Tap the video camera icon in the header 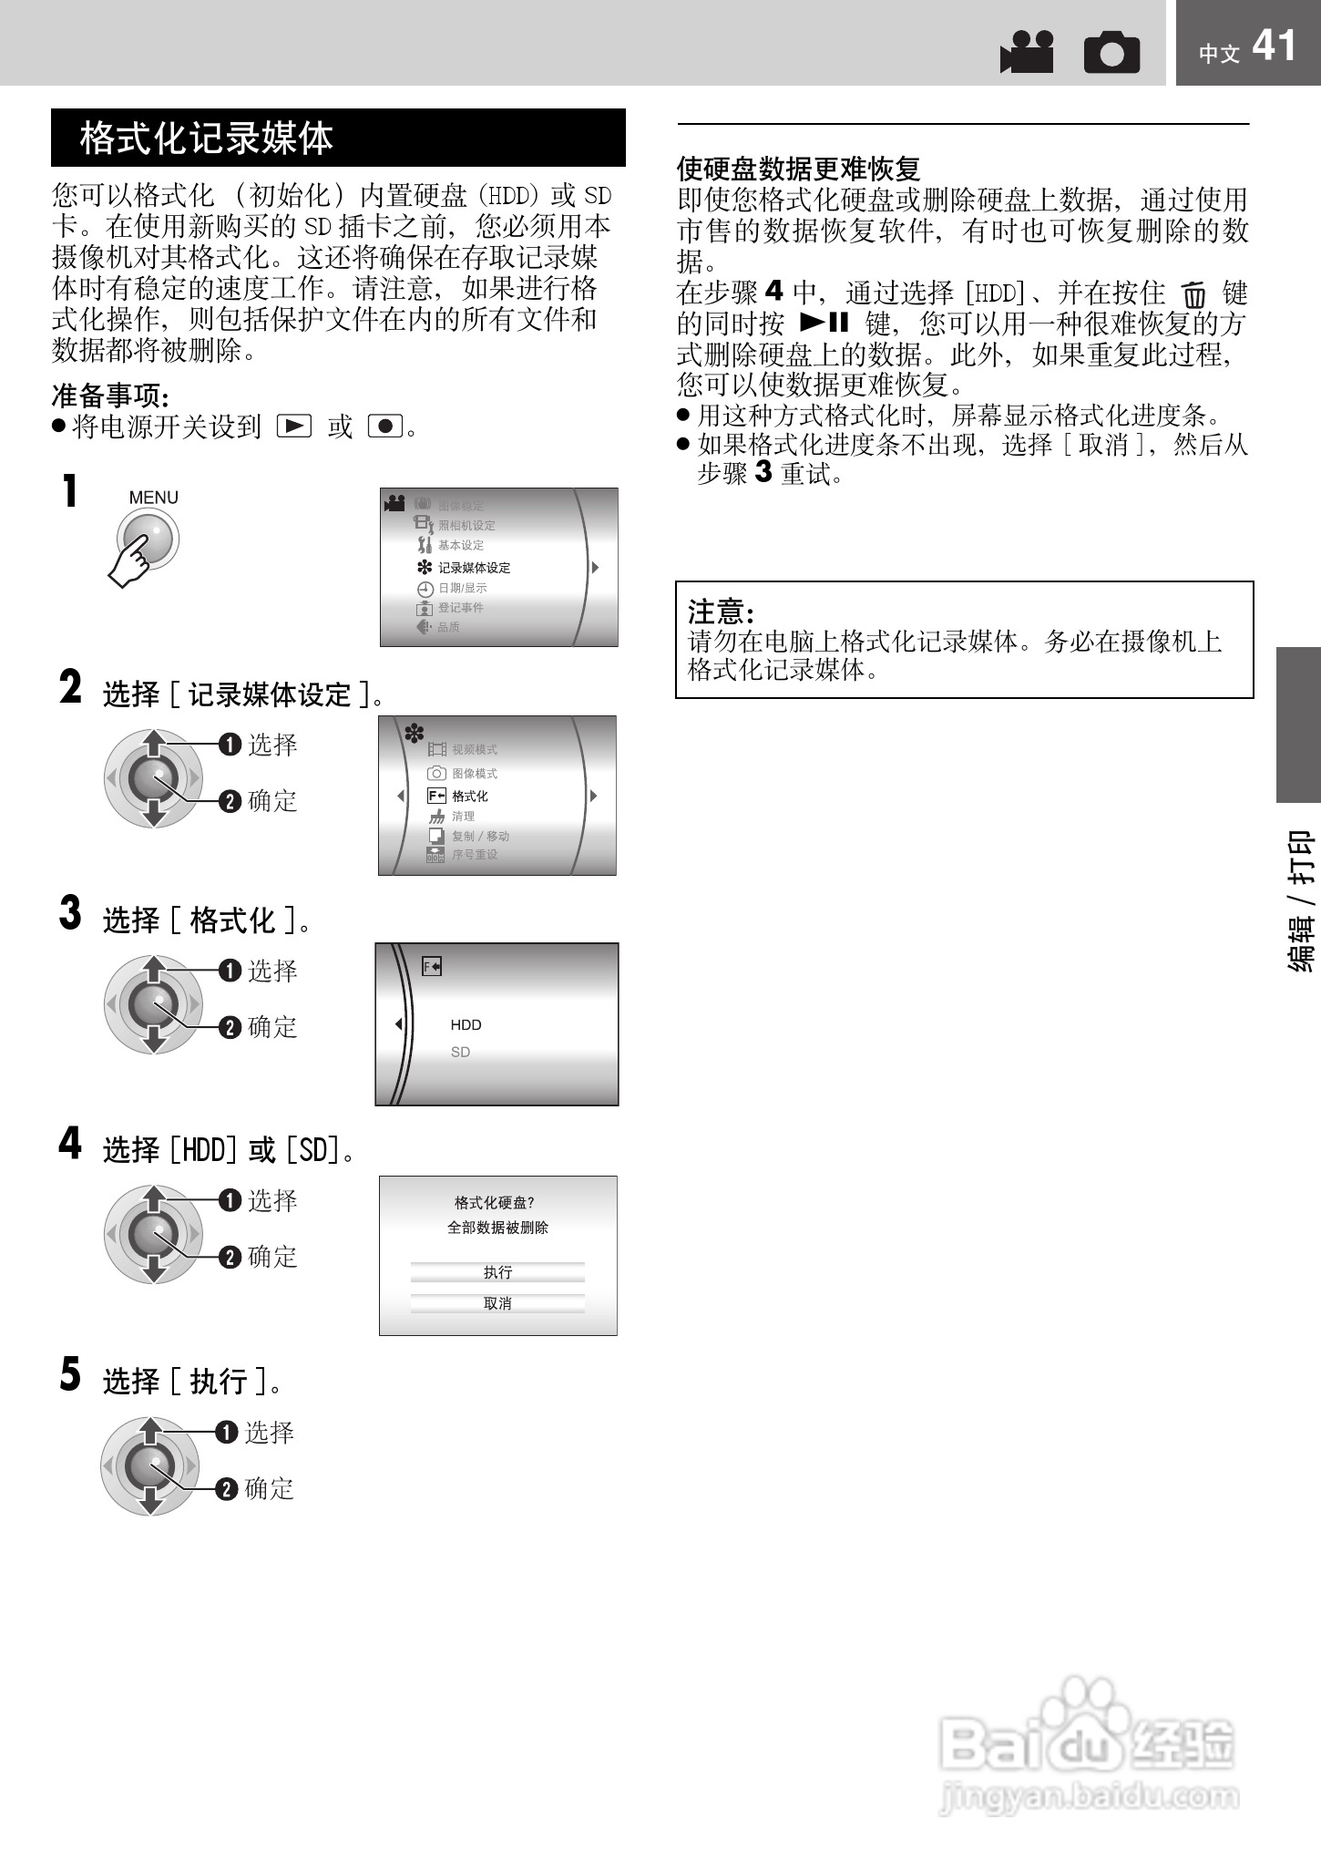click(x=1027, y=52)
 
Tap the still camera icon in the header click(x=1111, y=52)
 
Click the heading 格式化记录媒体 click(x=207, y=139)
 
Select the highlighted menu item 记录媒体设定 click(x=474, y=567)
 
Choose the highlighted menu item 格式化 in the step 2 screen click(x=469, y=796)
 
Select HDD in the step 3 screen click(x=466, y=1024)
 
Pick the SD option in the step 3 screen click(x=460, y=1052)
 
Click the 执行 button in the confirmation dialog click(x=497, y=1272)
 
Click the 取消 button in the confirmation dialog click(x=497, y=1303)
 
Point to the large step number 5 click(x=70, y=1374)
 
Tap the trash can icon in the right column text click(x=1193, y=295)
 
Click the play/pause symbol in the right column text click(x=824, y=323)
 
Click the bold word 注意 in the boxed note click(x=720, y=611)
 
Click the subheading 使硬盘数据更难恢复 click(x=798, y=169)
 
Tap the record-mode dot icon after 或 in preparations click(x=385, y=426)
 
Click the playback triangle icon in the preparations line click(x=293, y=426)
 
